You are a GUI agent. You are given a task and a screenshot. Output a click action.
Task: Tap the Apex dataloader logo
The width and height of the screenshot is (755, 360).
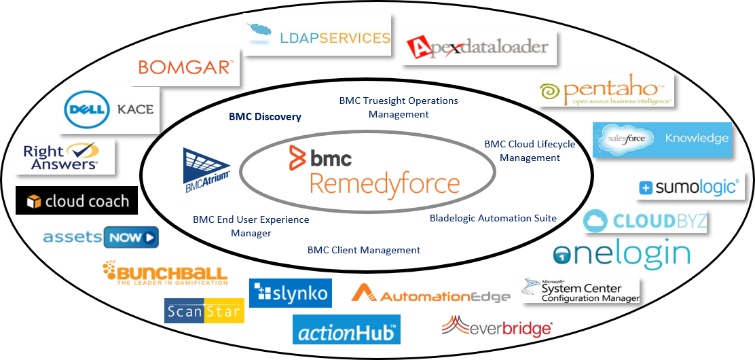click(478, 48)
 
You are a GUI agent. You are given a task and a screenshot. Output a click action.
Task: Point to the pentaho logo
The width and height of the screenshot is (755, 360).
click(606, 91)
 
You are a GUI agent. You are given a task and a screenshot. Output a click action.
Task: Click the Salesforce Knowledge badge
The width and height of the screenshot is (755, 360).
click(662, 139)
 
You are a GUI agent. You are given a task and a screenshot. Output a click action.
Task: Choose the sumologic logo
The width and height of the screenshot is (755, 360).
click(690, 187)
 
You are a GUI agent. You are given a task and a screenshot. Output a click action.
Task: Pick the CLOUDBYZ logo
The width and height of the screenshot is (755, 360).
click(646, 221)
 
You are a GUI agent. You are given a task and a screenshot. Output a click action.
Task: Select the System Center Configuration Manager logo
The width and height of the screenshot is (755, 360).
click(581, 290)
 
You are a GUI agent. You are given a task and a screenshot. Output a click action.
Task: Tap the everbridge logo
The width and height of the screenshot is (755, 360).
click(496, 327)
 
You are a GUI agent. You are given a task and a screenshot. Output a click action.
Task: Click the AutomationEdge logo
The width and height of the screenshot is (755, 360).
click(430, 294)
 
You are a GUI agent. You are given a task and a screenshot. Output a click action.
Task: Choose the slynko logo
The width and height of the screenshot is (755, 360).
click(291, 293)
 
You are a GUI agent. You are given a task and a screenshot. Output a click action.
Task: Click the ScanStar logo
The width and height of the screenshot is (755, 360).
click(204, 311)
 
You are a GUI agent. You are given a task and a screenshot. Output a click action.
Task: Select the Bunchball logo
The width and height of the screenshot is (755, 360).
click(165, 273)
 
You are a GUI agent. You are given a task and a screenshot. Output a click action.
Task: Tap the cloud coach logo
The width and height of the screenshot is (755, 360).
click(77, 201)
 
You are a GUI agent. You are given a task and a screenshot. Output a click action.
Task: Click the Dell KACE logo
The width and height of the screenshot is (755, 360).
click(109, 109)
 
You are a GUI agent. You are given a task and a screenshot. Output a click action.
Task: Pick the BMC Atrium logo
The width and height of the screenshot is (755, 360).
click(206, 168)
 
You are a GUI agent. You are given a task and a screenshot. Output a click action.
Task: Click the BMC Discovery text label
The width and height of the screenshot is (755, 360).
click(265, 117)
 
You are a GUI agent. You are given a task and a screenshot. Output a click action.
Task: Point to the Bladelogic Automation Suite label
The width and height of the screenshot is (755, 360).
click(493, 219)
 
